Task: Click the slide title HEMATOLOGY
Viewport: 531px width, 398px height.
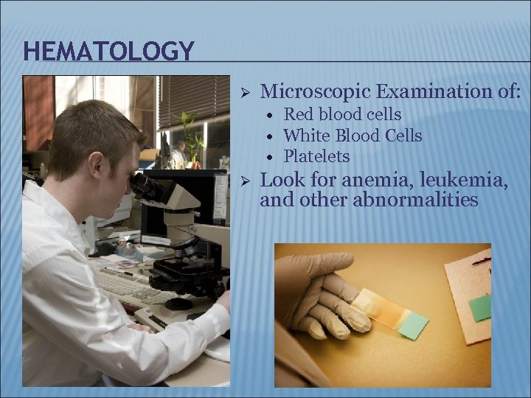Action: [108, 51]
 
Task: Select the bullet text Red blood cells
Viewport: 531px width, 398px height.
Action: [342, 114]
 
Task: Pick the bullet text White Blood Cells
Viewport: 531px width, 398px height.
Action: [353, 136]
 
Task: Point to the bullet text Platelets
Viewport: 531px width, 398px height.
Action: [316, 156]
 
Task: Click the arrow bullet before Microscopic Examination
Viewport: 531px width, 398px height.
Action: [248, 92]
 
